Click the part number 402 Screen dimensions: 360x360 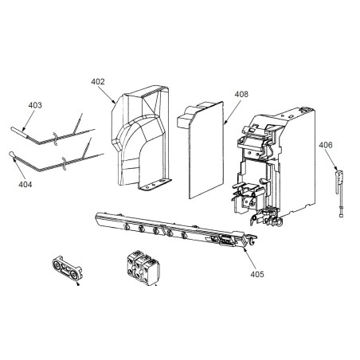click(98, 81)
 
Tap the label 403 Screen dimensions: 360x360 click(35, 105)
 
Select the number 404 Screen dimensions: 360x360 click(25, 184)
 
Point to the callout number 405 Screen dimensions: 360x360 click(257, 274)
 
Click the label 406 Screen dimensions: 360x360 click(326, 145)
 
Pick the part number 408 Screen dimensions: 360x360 click(241, 94)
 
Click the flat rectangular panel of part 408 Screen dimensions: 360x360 click(206, 150)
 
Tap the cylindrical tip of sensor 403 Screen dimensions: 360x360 click(19, 132)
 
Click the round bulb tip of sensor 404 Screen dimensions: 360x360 click(11, 154)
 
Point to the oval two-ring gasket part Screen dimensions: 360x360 click(67, 268)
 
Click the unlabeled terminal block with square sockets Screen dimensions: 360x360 click(143, 268)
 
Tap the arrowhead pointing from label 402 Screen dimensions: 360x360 click(114, 101)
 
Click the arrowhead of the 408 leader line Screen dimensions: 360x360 click(225, 123)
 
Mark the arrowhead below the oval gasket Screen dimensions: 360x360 click(78, 284)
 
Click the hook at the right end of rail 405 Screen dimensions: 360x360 click(253, 240)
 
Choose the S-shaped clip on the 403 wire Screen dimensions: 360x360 click(55, 139)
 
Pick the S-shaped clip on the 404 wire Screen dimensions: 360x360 click(64, 164)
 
